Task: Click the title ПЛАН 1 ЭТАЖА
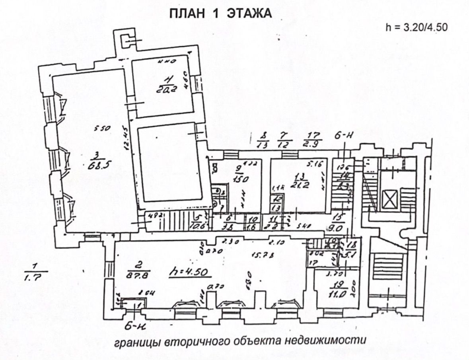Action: pos(220,14)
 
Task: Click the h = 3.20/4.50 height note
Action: pos(416,27)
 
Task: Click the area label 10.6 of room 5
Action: pos(198,227)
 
